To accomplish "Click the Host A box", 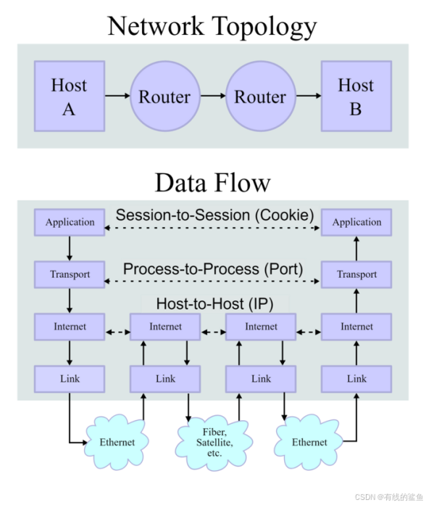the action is click(70, 96).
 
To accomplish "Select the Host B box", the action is click(356, 96).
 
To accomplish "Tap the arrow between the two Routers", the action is click(213, 96).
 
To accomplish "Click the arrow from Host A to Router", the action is click(117, 96).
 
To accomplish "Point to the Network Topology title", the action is click(212, 27).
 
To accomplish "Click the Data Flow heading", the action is click(212, 183).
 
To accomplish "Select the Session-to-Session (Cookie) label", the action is click(214, 215).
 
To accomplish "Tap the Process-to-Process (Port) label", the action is click(213, 269).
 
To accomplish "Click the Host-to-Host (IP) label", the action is click(214, 304).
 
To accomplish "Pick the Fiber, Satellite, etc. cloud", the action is click(214, 443).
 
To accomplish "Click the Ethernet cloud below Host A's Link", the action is click(117, 442).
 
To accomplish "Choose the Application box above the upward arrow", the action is click(356, 222).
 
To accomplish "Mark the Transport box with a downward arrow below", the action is click(70, 274).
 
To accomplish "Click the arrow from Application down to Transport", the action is click(70, 248).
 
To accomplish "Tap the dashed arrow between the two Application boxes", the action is click(212, 228).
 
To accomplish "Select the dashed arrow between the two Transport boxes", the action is click(212, 282).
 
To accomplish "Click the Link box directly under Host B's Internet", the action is click(356, 379).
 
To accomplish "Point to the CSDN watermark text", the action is click(389, 497).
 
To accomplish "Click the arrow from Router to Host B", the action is click(309, 96).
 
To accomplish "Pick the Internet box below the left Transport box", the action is click(70, 327).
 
